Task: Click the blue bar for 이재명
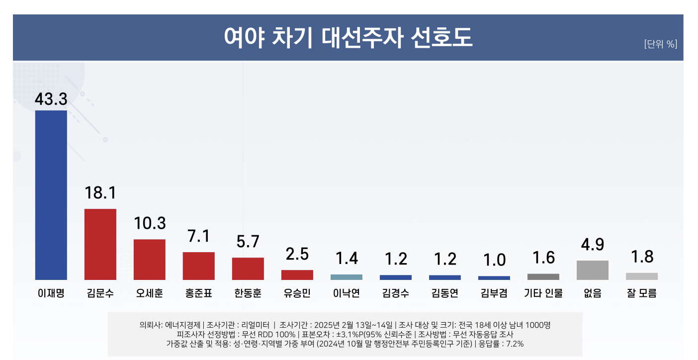pyautogui.click(x=51, y=195)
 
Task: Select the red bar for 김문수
pyautogui.click(x=100, y=244)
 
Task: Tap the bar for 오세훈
pyautogui.click(x=149, y=260)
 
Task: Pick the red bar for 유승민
pyautogui.click(x=297, y=275)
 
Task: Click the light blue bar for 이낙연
pyautogui.click(x=346, y=277)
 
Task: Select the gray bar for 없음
pyautogui.click(x=592, y=270)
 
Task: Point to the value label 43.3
pyautogui.click(x=51, y=98)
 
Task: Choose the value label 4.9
pyautogui.click(x=592, y=245)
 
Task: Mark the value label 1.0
pyautogui.click(x=494, y=260)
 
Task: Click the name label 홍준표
pyautogui.click(x=198, y=293)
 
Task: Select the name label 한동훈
pyautogui.click(x=248, y=293)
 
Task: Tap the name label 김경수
pyautogui.click(x=395, y=293)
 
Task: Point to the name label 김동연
pyautogui.click(x=444, y=293)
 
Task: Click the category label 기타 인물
pyautogui.click(x=543, y=293)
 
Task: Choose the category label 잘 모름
pyautogui.click(x=641, y=293)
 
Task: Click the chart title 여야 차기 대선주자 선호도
pyautogui.click(x=348, y=37)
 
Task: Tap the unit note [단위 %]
pyautogui.click(x=660, y=44)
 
